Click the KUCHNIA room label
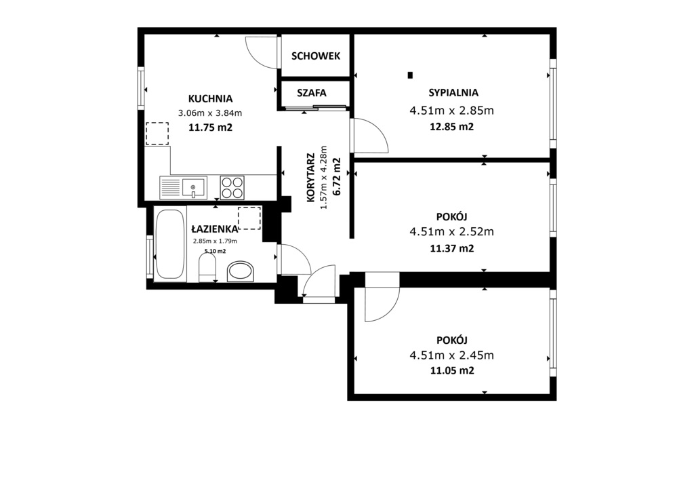point(210,98)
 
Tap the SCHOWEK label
point(315,56)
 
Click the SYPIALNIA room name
point(453,93)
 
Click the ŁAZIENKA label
point(213,229)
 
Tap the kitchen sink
point(182,186)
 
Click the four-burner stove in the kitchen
point(232,186)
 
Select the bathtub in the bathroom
point(169,245)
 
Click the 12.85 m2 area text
point(451,127)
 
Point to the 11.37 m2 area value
point(451,248)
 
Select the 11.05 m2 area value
point(451,370)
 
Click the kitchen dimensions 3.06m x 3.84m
point(210,113)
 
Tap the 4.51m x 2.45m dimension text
point(451,355)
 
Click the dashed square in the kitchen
point(157,133)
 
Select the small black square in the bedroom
point(410,75)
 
